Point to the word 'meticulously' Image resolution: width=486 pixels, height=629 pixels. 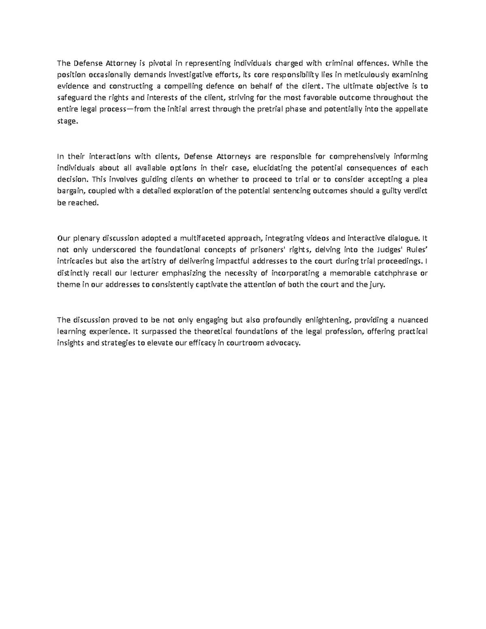[x=366, y=75]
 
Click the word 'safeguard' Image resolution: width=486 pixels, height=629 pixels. [x=75, y=98]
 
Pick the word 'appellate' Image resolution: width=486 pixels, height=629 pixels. [x=411, y=109]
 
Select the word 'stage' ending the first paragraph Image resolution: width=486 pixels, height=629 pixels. [x=66, y=121]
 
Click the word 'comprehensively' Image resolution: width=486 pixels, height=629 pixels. [x=360, y=156]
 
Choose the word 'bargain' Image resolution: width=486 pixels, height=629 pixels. [x=70, y=192]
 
